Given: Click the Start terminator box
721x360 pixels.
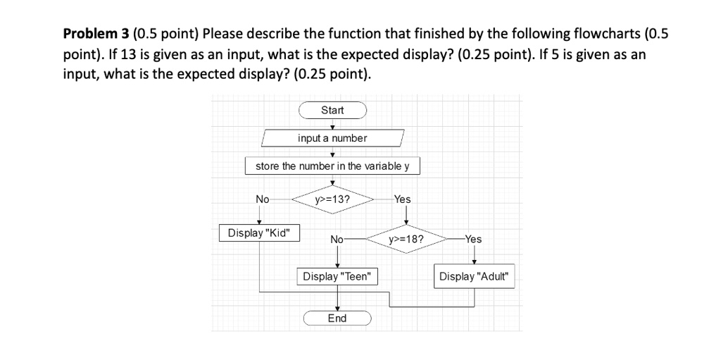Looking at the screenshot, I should [x=332, y=110].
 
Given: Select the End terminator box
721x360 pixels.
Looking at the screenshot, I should [x=337, y=318].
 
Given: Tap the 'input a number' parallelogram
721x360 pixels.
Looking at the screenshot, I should [x=332, y=138].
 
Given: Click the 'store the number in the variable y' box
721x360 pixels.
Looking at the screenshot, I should [x=332, y=166].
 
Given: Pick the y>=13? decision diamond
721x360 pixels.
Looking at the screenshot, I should [x=332, y=199].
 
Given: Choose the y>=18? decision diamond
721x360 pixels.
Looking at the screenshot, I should [x=406, y=239].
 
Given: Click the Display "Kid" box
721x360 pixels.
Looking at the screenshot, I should [x=259, y=232].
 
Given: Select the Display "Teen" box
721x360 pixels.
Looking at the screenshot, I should [x=337, y=277].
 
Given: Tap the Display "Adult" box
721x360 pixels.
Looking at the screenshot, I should [x=474, y=277].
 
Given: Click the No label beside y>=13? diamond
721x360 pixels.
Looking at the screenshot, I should [x=262, y=199].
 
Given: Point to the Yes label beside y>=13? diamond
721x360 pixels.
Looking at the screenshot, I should [x=402, y=199].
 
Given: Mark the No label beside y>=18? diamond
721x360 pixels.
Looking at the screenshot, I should [x=337, y=239].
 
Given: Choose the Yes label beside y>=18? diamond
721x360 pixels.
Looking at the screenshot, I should [x=474, y=239].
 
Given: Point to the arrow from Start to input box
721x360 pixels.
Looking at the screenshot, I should [x=332, y=124].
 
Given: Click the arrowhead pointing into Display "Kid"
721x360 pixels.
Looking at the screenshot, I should [x=259, y=222].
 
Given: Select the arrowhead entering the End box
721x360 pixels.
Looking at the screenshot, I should [x=337, y=308].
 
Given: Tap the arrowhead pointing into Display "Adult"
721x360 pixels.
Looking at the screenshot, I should [x=474, y=265].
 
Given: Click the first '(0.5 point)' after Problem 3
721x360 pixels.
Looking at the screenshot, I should [x=166, y=33].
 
